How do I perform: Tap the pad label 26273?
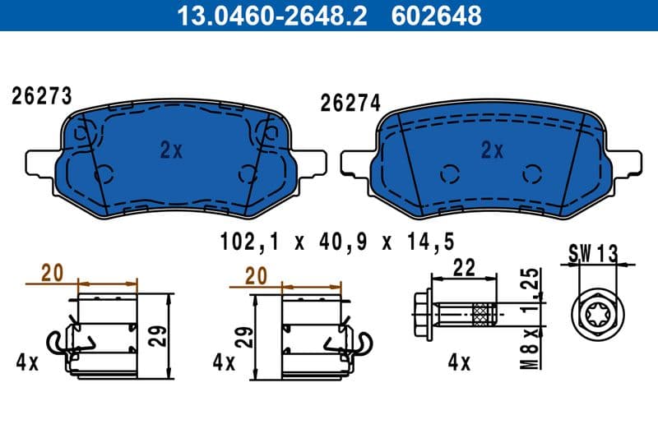[41, 96]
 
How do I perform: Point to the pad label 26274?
[350, 103]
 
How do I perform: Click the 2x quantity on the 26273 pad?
[170, 150]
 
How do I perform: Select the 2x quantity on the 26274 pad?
[492, 150]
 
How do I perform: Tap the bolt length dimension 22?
[464, 268]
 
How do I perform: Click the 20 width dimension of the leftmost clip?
[53, 274]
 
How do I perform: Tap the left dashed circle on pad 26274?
[448, 174]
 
